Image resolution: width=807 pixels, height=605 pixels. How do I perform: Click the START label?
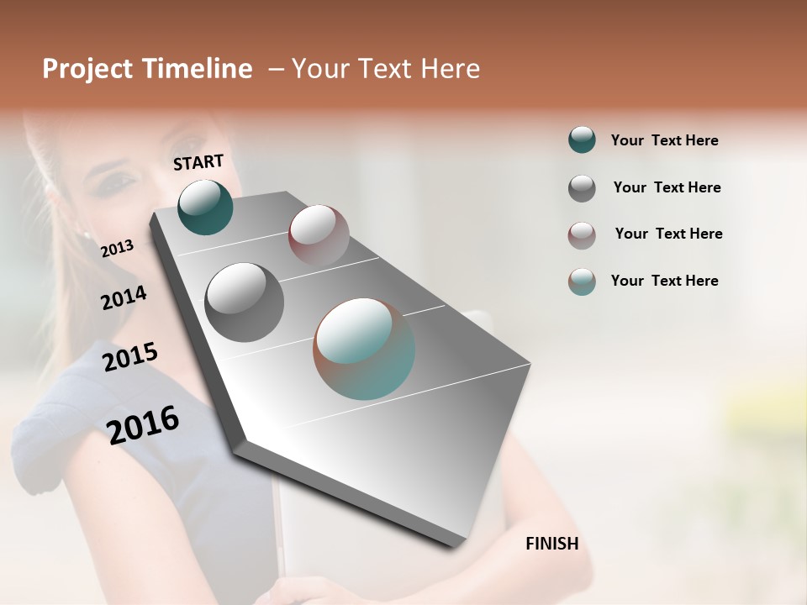tap(198, 162)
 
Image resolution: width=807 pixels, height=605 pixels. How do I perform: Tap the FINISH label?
tap(551, 544)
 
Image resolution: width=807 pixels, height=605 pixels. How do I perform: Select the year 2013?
tap(117, 248)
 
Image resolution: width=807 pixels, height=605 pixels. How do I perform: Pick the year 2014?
tap(124, 297)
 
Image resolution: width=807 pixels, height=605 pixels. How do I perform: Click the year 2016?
tap(143, 424)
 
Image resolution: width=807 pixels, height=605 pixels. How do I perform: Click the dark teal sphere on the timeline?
tap(205, 208)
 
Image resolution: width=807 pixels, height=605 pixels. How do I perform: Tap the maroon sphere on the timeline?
tap(319, 234)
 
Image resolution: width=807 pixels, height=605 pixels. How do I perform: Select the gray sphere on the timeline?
tap(245, 302)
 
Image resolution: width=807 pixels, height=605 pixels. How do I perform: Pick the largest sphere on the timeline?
tap(364, 349)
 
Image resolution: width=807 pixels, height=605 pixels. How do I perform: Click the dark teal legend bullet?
tap(582, 139)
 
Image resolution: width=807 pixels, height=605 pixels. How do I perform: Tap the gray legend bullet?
tap(582, 188)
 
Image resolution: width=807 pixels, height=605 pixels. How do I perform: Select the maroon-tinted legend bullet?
tap(582, 235)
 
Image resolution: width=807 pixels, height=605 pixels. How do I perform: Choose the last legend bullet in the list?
tap(582, 281)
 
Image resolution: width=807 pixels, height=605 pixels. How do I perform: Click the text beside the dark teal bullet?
tap(664, 140)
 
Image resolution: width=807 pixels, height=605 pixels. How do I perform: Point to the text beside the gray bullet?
tap(667, 187)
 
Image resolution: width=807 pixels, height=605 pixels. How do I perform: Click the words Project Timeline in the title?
tap(147, 69)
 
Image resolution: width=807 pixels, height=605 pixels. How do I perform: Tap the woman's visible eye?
tap(120, 180)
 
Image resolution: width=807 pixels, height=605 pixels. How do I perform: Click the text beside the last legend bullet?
tap(664, 281)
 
